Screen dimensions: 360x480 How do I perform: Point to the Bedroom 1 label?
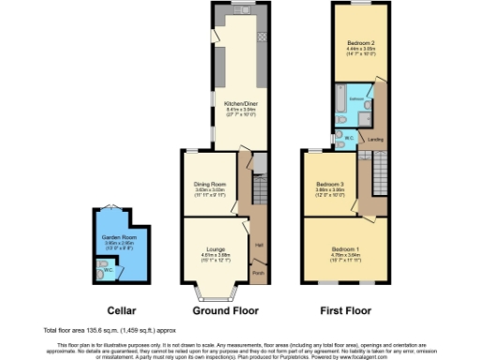tap(333, 247)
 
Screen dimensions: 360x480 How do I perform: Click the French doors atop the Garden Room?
tap(112, 207)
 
